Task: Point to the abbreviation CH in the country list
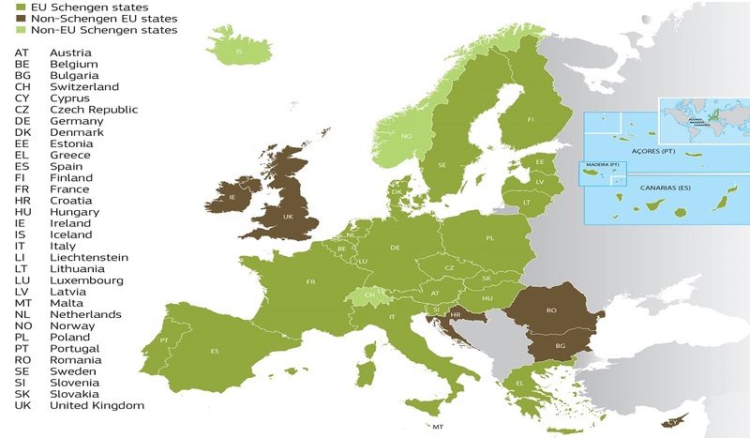point(22,86)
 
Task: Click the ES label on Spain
point(215,352)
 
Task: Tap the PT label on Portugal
point(165,340)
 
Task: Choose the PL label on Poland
point(489,239)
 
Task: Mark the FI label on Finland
point(531,120)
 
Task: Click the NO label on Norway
point(407,136)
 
